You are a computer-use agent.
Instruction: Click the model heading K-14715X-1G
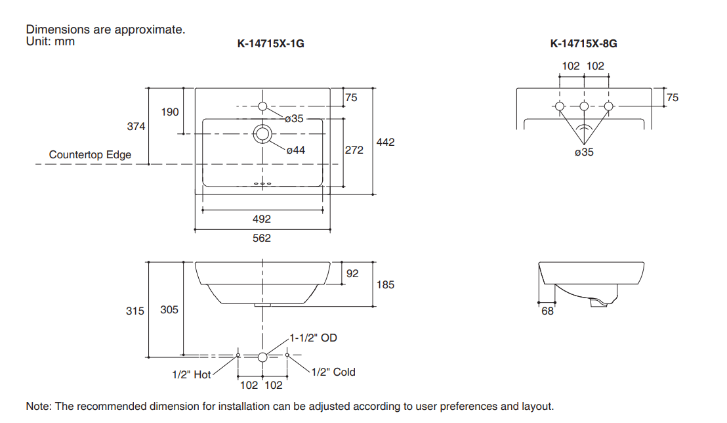270,45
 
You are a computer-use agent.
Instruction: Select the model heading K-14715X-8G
583,45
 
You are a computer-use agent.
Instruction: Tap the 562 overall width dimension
262,238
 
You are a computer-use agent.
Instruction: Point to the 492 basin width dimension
262,219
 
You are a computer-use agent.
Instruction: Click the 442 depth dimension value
386,142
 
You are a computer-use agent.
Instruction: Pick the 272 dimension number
354,150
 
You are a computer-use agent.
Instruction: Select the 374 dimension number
136,126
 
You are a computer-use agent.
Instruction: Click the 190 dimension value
170,112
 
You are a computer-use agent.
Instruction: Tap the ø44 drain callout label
295,150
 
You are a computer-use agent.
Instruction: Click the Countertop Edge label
90,155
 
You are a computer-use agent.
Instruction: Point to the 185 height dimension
386,285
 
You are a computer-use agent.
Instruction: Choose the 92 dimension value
352,273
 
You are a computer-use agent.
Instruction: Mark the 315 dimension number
135,311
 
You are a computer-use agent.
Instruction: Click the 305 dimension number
169,309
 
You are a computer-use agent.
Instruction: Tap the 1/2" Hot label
192,375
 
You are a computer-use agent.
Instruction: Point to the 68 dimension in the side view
547,311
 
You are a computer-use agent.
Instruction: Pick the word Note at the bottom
37,406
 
